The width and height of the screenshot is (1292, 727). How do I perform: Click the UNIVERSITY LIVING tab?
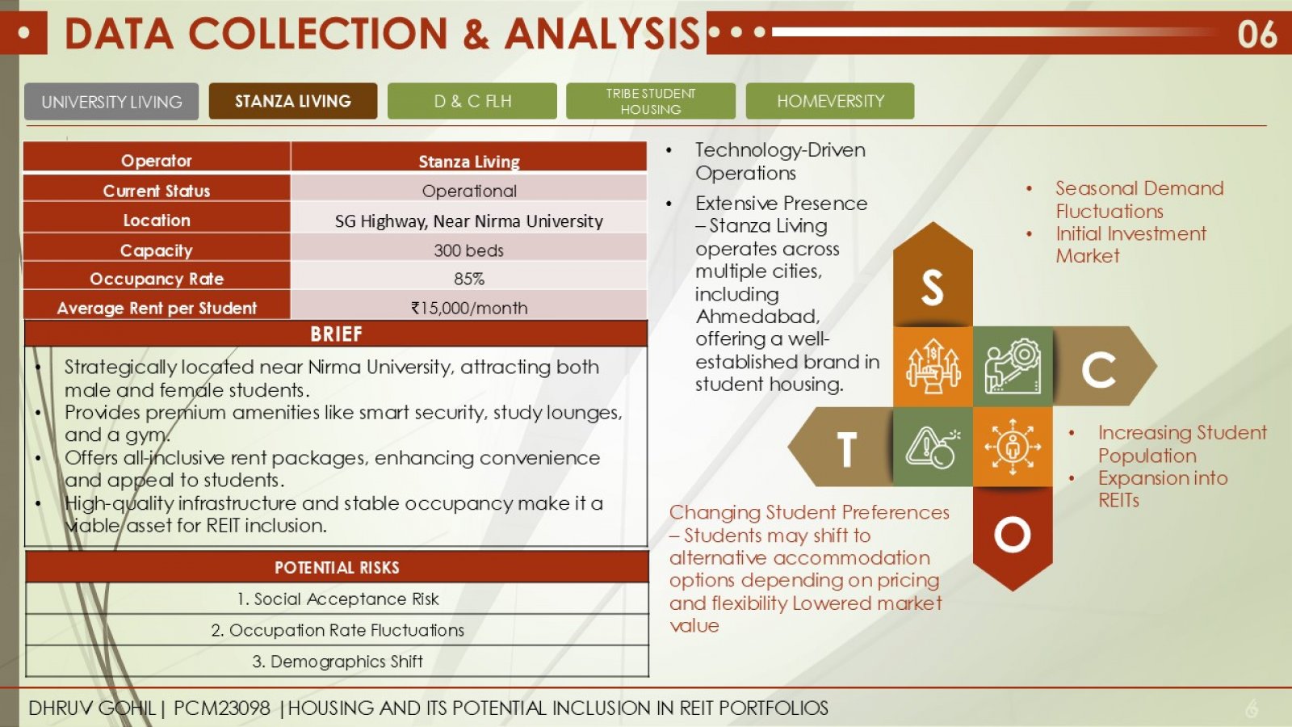pos(111,102)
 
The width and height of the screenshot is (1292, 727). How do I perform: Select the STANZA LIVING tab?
pos(293,101)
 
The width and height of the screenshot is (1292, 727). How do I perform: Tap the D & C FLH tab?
pos(472,101)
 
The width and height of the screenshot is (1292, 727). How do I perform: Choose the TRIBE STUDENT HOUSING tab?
pos(651,101)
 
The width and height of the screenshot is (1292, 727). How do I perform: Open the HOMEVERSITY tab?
pos(830,101)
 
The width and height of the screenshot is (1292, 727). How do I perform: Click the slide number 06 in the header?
pos(1257,34)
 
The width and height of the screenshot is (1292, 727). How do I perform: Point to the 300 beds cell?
pos(468,250)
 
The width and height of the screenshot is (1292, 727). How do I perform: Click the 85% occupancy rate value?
pos(468,279)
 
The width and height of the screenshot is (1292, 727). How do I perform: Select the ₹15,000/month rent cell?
pos(468,308)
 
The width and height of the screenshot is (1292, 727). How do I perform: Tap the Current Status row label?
pos(157,191)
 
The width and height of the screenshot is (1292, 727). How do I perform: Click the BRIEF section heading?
pos(336,334)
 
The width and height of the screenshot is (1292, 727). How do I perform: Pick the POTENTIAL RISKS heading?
pos(337,567)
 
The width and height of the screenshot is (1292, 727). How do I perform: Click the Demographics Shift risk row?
pos(338,662)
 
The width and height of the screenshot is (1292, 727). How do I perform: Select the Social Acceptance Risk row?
pos(338,599)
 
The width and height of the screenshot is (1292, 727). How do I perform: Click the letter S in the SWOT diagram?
pos(932,288)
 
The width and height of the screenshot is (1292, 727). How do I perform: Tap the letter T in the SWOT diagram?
pos(846,449)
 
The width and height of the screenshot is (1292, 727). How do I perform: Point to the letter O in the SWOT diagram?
pos(1013,534)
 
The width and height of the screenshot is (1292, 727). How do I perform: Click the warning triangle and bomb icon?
pos(933,448)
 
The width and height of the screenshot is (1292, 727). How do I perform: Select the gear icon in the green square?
pos(1013,366)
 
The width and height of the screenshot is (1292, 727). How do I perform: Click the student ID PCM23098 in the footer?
pos(221,708)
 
